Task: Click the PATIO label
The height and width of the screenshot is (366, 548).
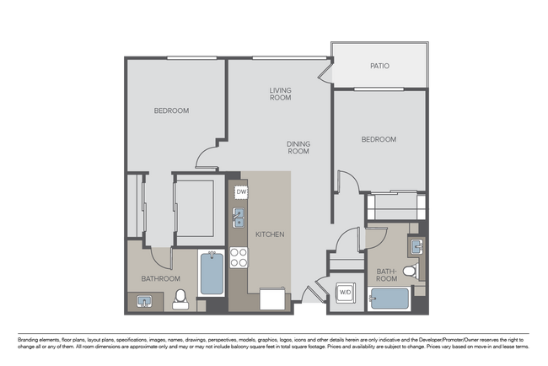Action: point(379,66)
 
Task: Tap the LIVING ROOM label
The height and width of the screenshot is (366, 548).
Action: point(280,94)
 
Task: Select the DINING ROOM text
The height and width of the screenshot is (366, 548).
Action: point(298,148)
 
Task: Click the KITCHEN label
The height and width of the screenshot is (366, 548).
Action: point(270,234)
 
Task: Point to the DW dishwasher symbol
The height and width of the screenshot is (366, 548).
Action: point(241,192)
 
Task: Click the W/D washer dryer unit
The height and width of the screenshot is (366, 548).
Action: point(346,293)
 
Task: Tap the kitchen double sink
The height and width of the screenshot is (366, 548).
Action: point(239,218)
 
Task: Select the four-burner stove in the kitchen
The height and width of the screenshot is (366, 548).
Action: point(239,257)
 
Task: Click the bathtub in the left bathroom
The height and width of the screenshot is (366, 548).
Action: point(212,273)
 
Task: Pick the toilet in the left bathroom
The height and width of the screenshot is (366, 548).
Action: point(180,299)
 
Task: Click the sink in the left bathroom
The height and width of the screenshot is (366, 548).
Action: point(144,301)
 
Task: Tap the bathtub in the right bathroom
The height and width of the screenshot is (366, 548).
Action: point(390,299)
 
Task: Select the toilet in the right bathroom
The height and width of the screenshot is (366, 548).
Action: point(411,272)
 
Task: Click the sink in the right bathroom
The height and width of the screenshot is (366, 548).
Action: point(416,246)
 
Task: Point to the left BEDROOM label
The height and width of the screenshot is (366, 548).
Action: point(172,110)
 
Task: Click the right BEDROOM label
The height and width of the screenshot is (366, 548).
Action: point(379,139)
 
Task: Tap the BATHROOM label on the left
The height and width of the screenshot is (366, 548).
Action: point(161,278)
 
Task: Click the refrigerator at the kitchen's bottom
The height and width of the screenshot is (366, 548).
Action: point(272,299)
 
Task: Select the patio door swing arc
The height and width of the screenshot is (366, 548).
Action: point(324,73)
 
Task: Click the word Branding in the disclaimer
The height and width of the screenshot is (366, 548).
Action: point(28,340)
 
